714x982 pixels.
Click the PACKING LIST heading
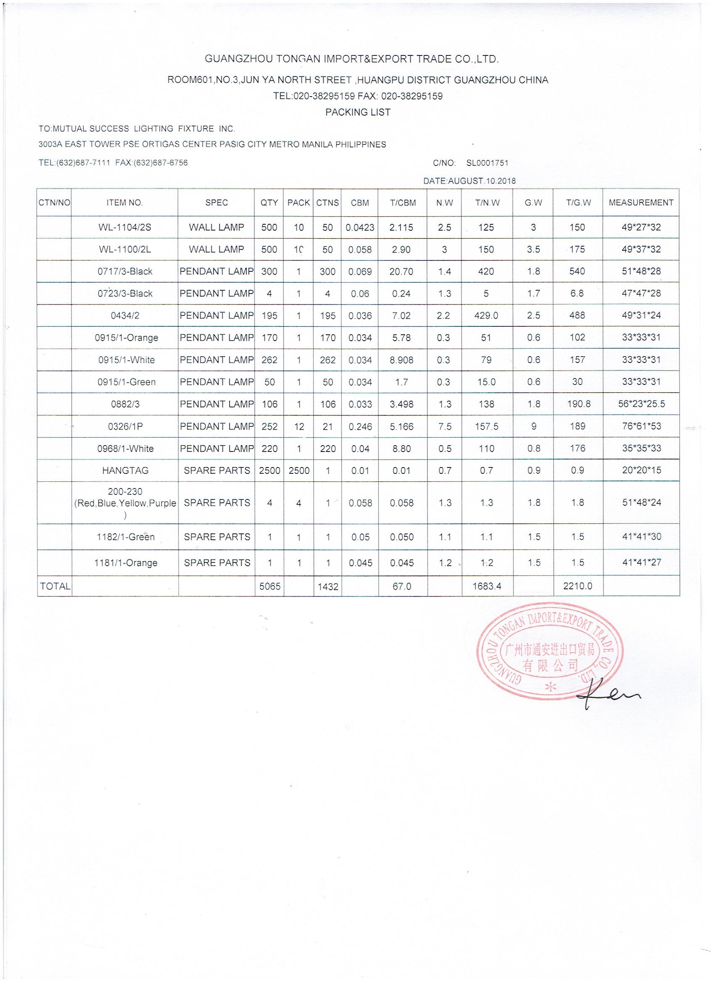[358, 113]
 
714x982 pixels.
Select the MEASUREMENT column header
[641, 202]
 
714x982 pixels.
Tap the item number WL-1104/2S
[125, 227]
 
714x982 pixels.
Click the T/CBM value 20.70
[402, 272]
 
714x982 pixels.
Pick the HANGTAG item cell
[125, 471]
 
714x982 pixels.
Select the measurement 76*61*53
[641, 426]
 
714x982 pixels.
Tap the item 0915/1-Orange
[126, 338]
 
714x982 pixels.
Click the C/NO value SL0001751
[487, 163]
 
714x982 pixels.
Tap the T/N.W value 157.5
[486, 426]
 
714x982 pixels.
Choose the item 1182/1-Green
[126, 537]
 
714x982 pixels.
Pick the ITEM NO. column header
[124, 202]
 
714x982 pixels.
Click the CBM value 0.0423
[360, 228]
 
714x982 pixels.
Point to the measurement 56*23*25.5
[641, 404]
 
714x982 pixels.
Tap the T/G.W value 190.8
[577, 404]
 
